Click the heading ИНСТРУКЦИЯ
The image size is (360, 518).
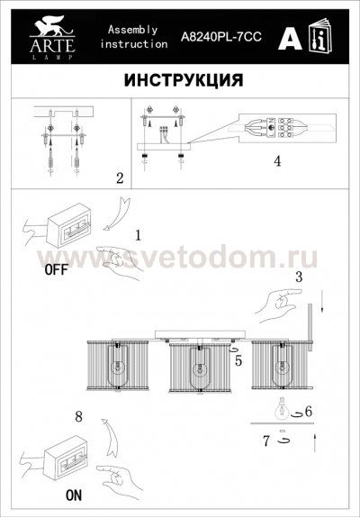pos(180,79)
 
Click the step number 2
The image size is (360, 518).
pos(120,177)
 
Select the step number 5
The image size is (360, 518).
pos(238,361)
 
